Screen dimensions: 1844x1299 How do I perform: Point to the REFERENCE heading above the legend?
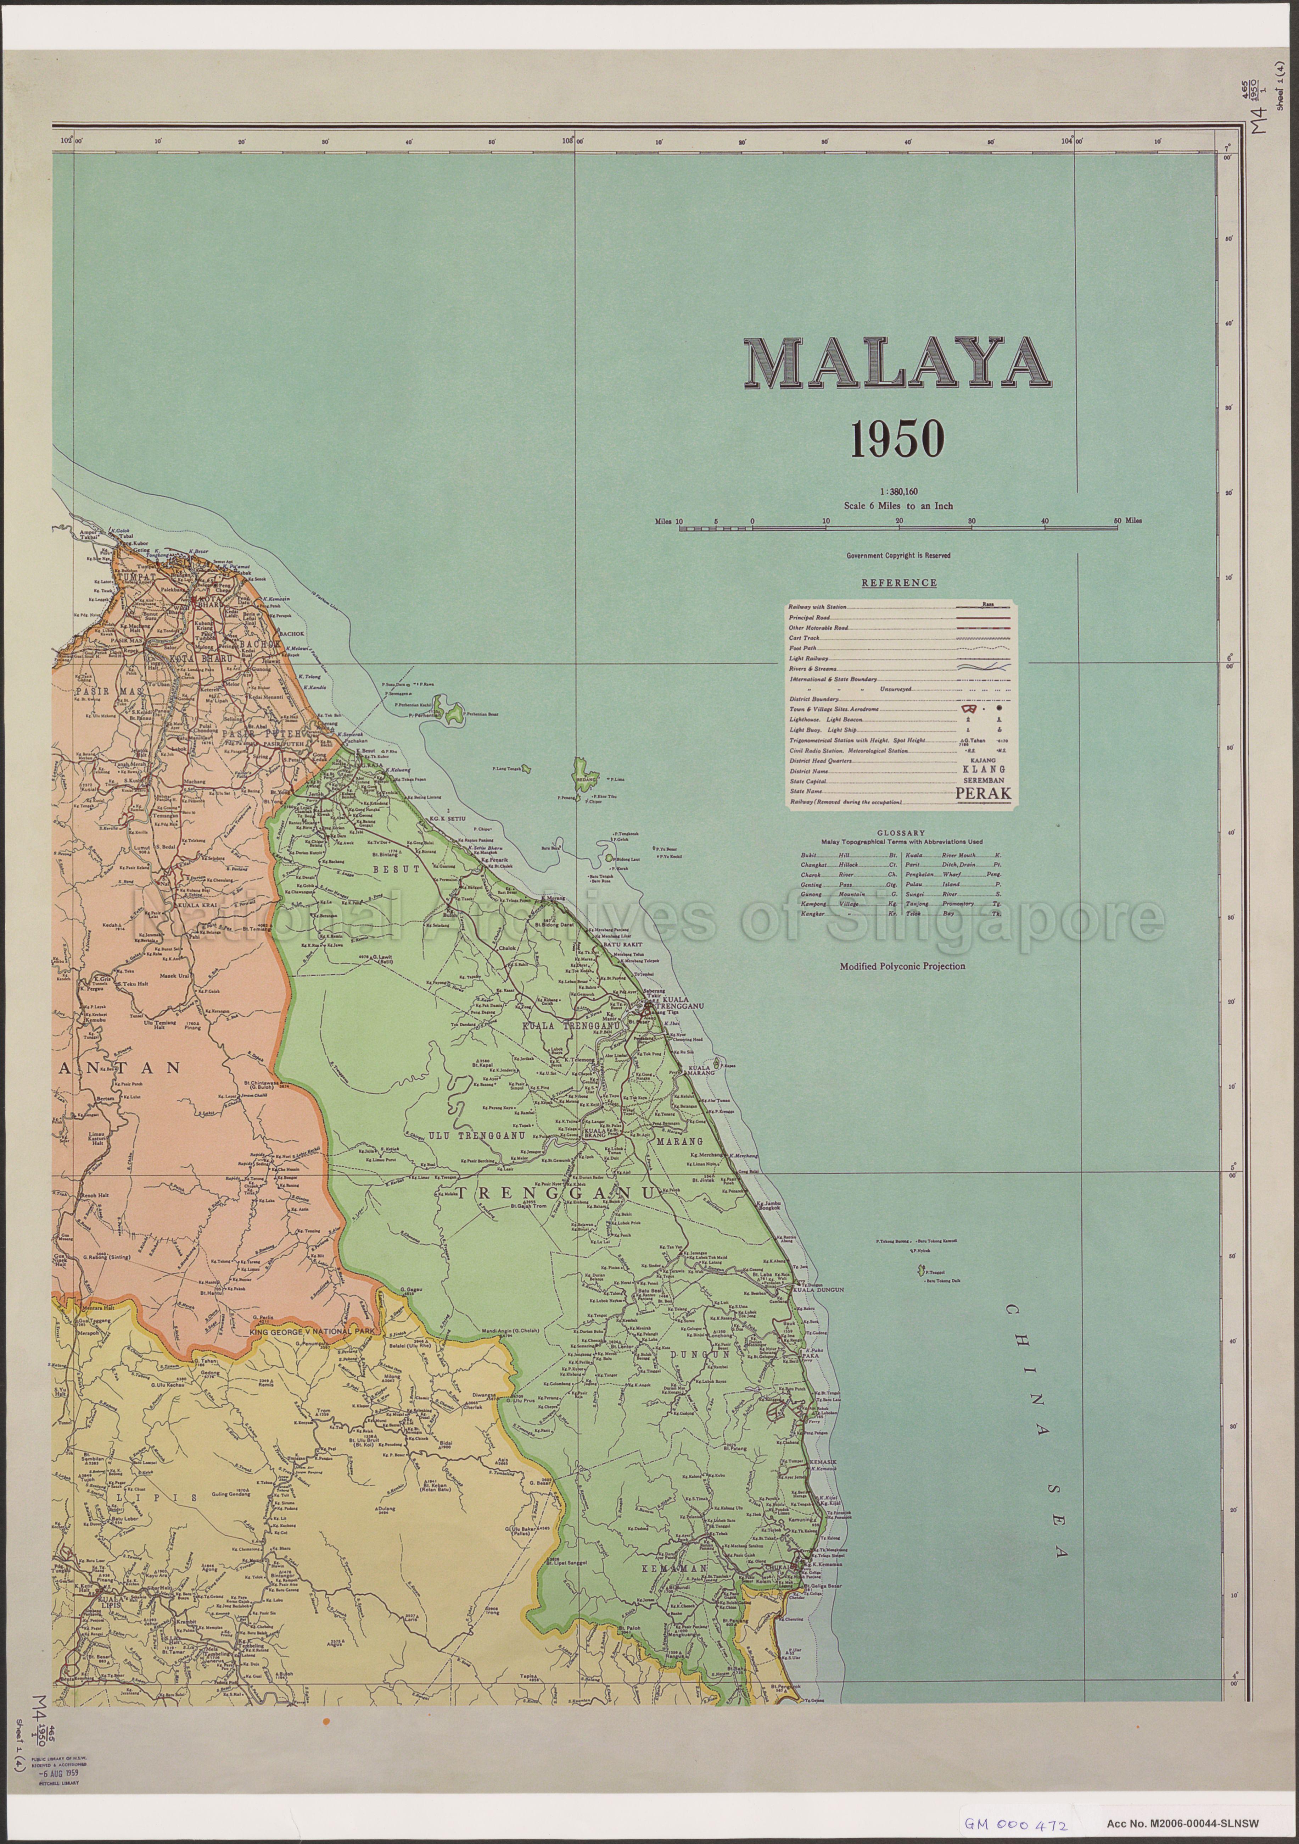898,583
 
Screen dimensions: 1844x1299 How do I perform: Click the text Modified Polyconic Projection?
902,966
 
